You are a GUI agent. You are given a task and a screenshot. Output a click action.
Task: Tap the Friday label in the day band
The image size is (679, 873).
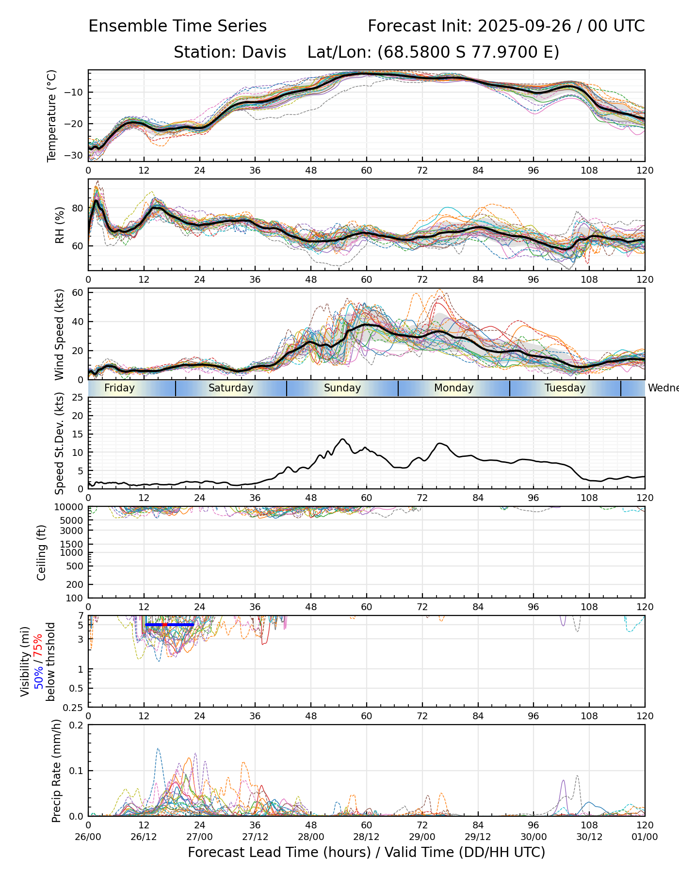point(119,388)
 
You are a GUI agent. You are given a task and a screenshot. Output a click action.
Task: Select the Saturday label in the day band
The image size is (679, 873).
point(231,388)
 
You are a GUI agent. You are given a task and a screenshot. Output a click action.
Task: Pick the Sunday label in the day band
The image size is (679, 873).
point(342,388)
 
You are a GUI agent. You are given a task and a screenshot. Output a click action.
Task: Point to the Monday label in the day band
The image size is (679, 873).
point(453,388)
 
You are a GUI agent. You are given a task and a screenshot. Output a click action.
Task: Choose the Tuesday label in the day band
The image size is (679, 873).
point(565,388)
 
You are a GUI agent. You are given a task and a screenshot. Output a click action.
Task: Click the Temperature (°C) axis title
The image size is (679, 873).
point(52,115)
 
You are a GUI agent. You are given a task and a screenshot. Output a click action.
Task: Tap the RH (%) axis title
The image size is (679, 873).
point(60,225)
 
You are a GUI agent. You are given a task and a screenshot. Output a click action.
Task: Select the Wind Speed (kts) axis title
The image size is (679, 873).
point(60,335)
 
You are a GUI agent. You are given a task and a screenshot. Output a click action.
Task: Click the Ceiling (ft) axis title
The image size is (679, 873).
point(42,552)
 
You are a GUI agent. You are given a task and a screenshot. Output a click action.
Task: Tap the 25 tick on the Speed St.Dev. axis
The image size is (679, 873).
point(78,398)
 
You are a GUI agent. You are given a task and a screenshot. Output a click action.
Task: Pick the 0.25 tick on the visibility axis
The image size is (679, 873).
point(74,707)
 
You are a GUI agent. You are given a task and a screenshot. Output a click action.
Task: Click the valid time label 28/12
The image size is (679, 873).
point(366,837)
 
